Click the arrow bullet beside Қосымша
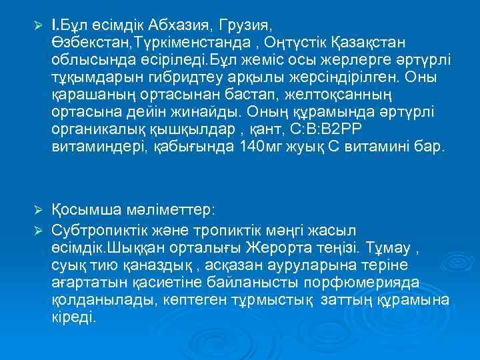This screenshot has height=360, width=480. coord(37,211)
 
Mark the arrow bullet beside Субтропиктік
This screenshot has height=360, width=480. coord(37,227)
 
